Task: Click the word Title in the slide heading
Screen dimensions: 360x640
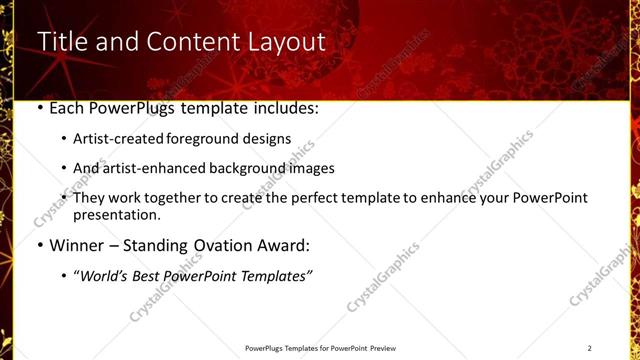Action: (61, 42)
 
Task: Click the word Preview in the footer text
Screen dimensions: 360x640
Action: (383, 348)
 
